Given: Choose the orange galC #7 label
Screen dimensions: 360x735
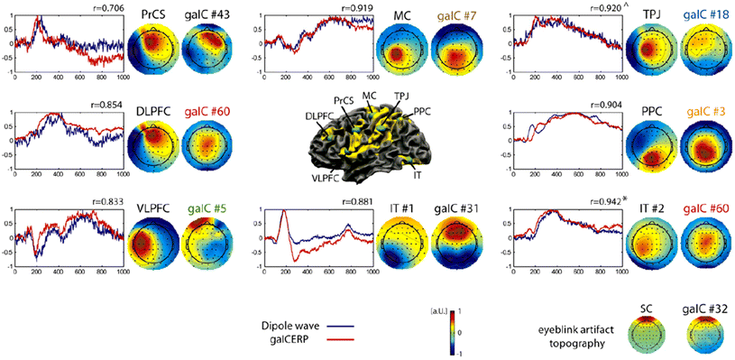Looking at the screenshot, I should (460, 16).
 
